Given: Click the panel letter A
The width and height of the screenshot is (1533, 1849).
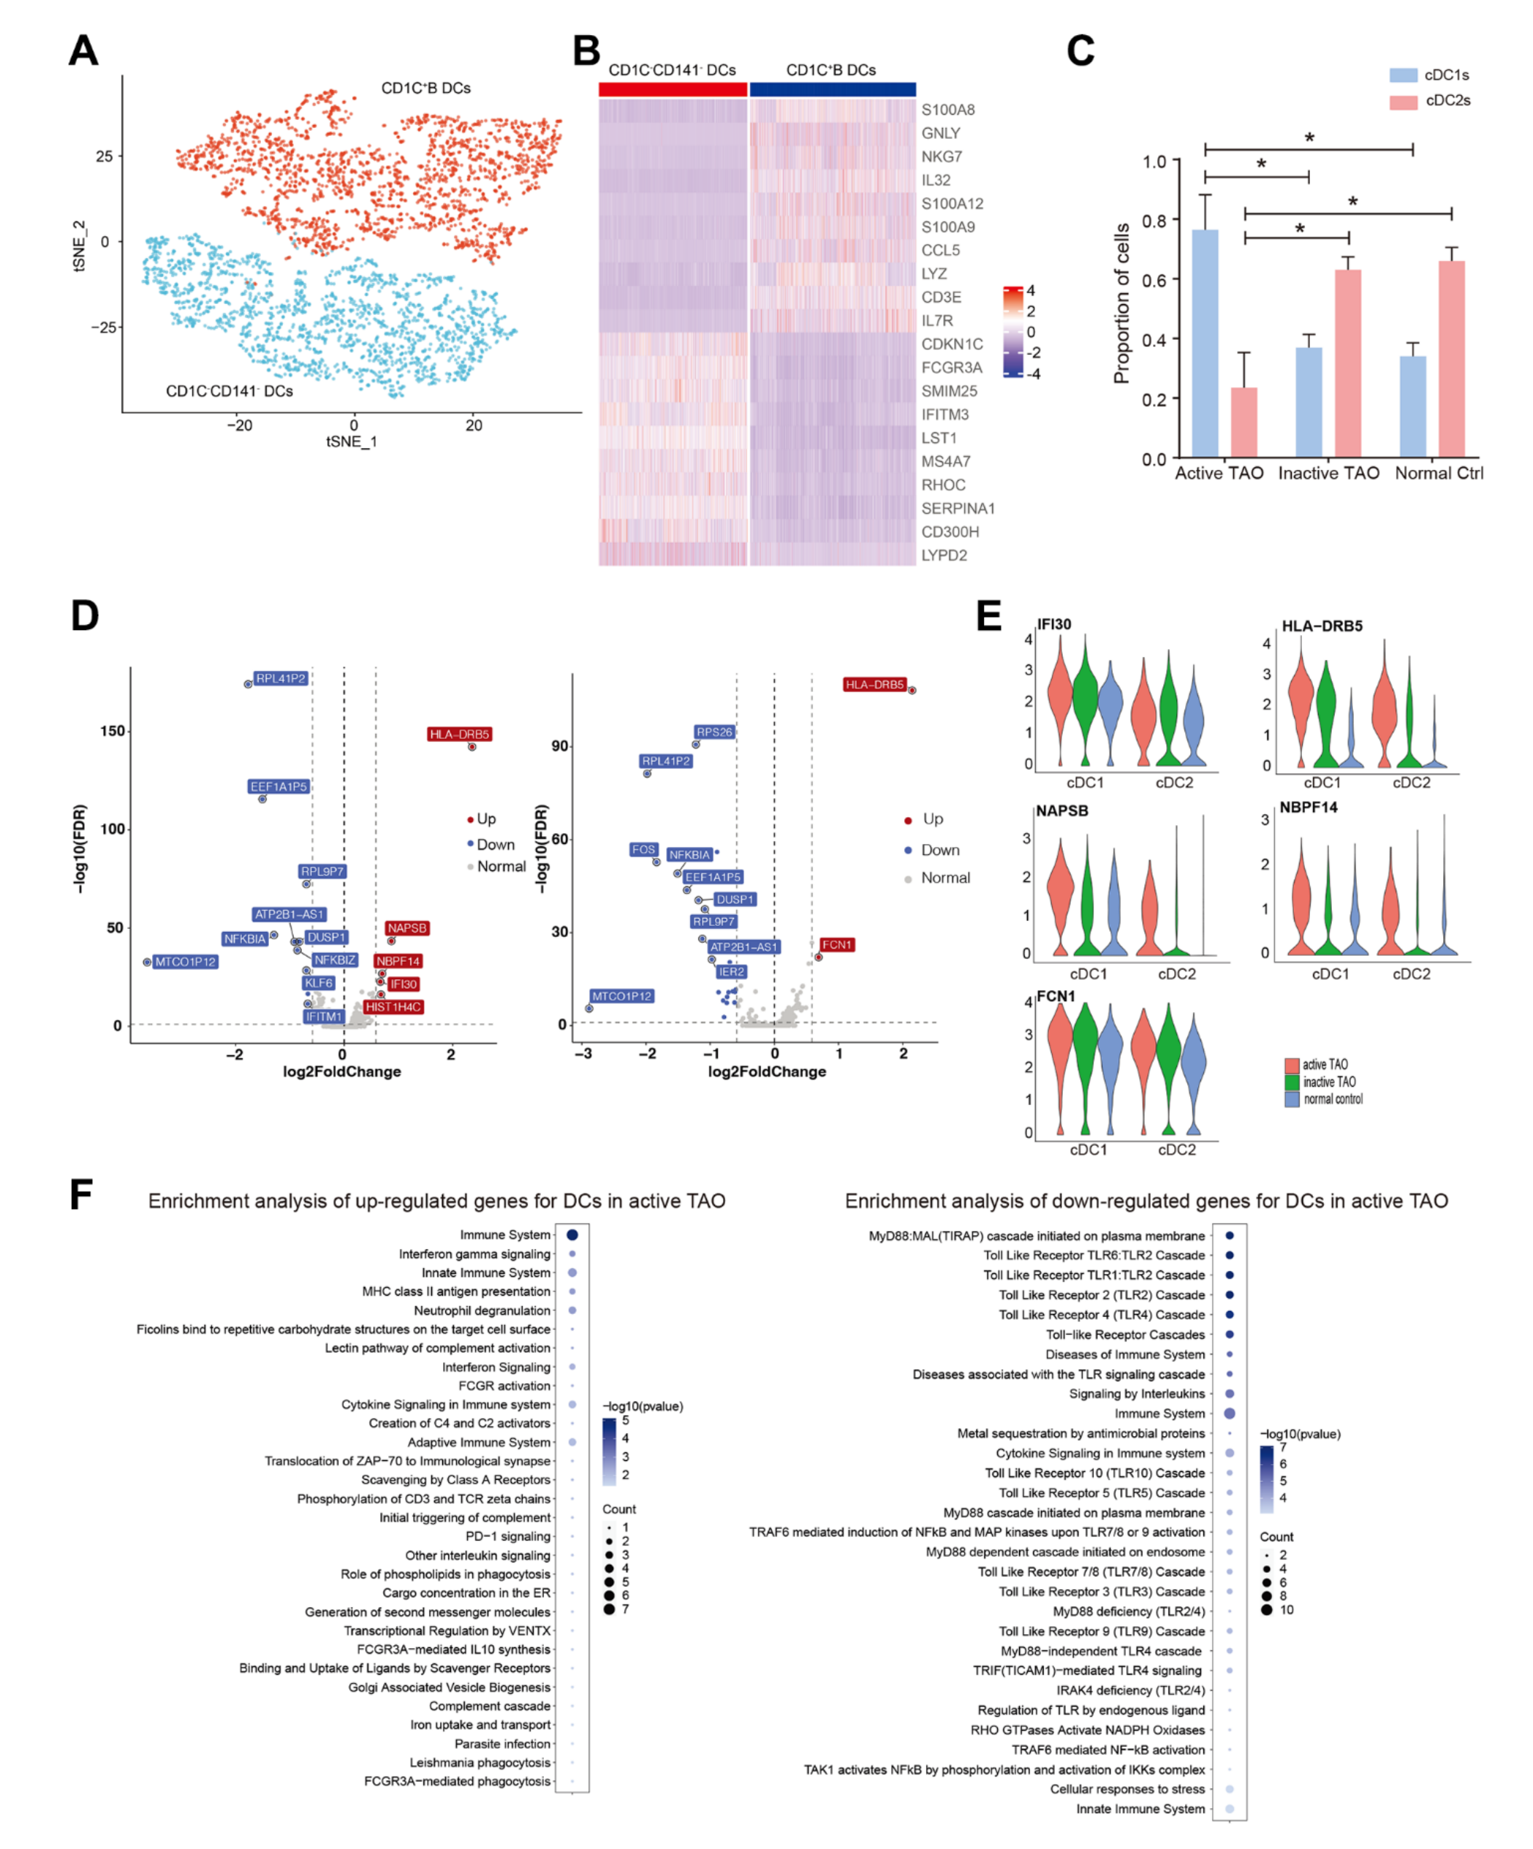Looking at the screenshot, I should (x=83, y=51).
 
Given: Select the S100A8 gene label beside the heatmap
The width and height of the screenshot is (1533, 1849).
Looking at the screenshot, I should (x=947, y=110).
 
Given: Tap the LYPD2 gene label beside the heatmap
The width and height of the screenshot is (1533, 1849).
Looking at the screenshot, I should (x=944, y=555).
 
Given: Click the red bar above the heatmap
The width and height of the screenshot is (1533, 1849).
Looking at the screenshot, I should (x=673, y=89).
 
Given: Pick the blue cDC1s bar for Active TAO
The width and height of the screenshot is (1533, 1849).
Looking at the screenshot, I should (x=1205, y=343).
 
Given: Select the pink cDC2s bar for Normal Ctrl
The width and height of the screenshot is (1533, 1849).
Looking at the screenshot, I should (x=1452, y=360).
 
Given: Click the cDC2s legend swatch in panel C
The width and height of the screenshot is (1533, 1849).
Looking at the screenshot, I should (x=1404, y=102).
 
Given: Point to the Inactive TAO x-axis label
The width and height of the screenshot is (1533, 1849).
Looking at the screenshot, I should (x=1328, y=474).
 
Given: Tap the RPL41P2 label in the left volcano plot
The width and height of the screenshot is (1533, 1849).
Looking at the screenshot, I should (x=281, y=679).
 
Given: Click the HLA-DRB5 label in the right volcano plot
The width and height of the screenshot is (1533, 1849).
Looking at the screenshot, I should (x=874, y=685).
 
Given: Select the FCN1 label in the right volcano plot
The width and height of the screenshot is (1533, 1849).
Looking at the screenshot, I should (x=836, y=945).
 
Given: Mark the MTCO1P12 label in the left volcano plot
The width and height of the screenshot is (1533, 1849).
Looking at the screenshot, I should (x=186, y=963).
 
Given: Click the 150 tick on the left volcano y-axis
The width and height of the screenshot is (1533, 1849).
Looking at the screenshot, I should (x=113, y=732).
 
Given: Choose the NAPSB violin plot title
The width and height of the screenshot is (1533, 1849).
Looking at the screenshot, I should (x=1062, y=811).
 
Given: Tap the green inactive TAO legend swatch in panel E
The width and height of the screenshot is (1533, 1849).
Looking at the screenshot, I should (x=1292, y=1082).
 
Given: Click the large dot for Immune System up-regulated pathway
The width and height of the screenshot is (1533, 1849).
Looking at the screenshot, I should (x=572, y=1235).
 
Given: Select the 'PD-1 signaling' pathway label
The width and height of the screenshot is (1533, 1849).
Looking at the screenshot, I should (x=508, y=1536).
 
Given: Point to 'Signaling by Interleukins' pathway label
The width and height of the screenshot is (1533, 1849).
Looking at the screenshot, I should (x=1137, y=1394).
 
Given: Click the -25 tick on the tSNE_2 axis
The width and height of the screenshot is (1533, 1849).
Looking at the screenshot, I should (x=104, y=327).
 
